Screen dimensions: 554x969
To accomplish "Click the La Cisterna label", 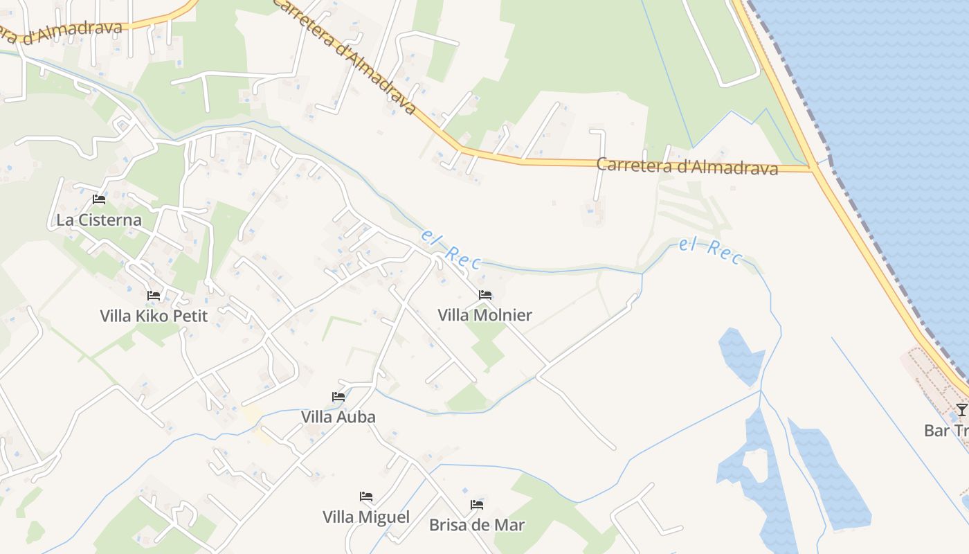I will click(x=98, y=220).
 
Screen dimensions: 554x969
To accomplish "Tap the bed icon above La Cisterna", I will click(x=99, y=200).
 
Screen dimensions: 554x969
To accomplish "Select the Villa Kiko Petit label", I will click(x=154, y=316).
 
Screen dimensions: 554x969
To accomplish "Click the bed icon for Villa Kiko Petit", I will click(x=154, y=296).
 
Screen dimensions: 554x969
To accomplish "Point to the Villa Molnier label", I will click(x=484, y=315).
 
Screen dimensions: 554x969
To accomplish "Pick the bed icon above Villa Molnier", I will click(x=485, y=295).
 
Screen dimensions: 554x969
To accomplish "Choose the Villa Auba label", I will click(x=338, y=417).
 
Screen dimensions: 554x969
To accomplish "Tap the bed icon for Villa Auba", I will click(x=338, y=397).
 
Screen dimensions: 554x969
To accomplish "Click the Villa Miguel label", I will click(x=366, y=517).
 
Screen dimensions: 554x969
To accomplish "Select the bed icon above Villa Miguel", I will click(x=366, y=497).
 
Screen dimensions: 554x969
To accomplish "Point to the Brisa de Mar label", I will click(x=477, y=525).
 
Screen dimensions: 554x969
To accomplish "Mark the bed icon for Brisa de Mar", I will click(x=477, y=505).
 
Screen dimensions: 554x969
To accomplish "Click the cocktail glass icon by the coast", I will click(x=961, y=409).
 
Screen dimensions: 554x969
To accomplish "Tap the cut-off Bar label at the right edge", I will click(x=946, y=431).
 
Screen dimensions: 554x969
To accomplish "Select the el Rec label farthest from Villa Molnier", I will click(x=710, y=250).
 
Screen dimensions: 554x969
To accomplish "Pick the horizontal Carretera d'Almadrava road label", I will click(x=687, y=167).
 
